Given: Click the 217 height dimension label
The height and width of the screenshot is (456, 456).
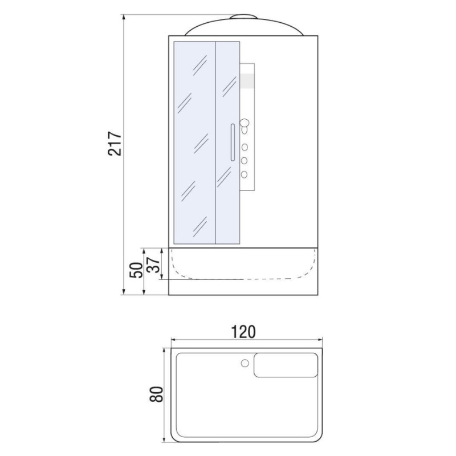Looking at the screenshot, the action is [x=115, y=144].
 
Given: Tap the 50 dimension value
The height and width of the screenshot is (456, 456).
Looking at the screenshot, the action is [x=137, y=270].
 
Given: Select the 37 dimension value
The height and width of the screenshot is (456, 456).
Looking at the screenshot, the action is [x=153, y=265].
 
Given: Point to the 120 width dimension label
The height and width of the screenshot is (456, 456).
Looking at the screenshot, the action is [x=243, y=332].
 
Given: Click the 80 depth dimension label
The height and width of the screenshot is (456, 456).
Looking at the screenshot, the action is [x=156, y=394].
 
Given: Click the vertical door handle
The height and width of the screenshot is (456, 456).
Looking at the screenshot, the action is [x=233, y=142].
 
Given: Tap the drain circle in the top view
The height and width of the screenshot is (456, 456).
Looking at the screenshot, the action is [x=245, y=363].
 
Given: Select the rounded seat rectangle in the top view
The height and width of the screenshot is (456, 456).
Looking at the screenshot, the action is [x=286, y=365].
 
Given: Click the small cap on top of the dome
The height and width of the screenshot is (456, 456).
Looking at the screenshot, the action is [x=244, y=17].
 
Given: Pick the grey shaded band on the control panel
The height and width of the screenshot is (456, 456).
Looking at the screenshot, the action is [x=247, y=80].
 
